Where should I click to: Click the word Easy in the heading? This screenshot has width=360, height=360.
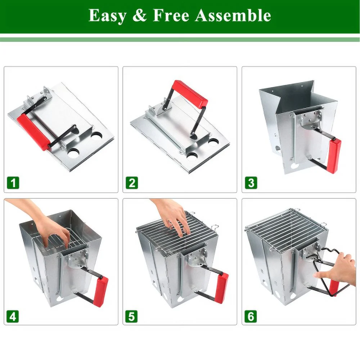point(107,16)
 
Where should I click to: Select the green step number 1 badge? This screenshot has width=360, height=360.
point(13,183)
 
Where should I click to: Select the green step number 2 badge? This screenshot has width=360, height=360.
point(131,183)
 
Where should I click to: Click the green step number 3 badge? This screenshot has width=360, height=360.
point(251,183)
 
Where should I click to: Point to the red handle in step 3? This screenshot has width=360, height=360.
point(333,156)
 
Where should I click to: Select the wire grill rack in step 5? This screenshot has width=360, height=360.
point(176,234)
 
